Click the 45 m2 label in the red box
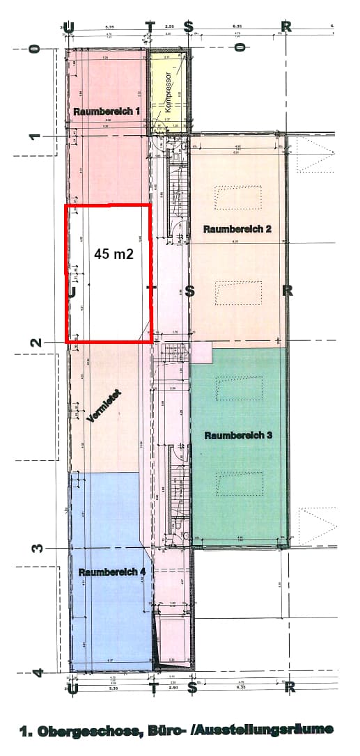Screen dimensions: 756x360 click(114, 254)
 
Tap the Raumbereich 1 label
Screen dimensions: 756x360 click(108, 111)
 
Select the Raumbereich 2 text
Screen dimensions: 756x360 click(237, 228)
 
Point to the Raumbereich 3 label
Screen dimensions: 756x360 click(237, 435)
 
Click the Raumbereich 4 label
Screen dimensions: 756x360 click(112, 572)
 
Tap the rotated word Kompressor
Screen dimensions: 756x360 click(168, 93)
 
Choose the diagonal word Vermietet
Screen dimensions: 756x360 click(104, 407)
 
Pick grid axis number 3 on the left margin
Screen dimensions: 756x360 click(36, 548)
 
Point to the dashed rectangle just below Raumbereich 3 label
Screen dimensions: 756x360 click(239, 484)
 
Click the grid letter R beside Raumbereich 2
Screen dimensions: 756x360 click(286, 291)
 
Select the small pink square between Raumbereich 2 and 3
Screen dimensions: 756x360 click(201, 352)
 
